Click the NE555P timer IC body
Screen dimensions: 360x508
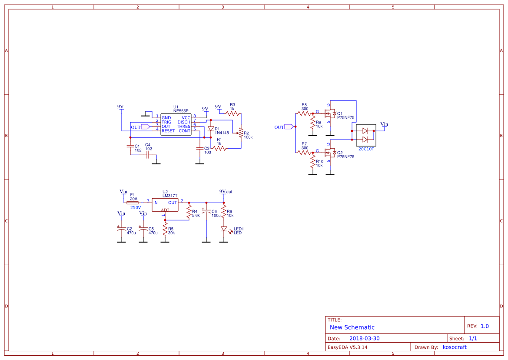click(176, 124)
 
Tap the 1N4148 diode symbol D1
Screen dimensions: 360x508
click(211, 129)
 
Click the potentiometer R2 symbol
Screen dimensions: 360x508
click(241, 134)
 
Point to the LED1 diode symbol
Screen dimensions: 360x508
click(224, 229)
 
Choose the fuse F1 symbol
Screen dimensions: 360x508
click(132, 203)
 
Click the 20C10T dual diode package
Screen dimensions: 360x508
click(365, 135)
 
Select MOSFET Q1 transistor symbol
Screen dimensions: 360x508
click(331, 114)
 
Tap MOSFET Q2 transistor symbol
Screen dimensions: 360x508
click(331, 153)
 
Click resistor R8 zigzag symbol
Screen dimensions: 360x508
click(304, 113)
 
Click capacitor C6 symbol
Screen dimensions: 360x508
click(206, 212)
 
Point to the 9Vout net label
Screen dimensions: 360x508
click(226, 192)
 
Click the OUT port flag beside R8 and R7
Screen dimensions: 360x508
click(289, 127)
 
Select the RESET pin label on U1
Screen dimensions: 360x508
click(168, 131)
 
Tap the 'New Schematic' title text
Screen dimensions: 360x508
click(352, 327)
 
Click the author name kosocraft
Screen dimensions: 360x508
click(455, 347)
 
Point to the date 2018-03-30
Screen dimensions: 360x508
click(364, 338)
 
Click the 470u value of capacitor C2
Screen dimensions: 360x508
click(131, 233)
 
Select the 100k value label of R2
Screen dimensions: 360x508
click(248, 137)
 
